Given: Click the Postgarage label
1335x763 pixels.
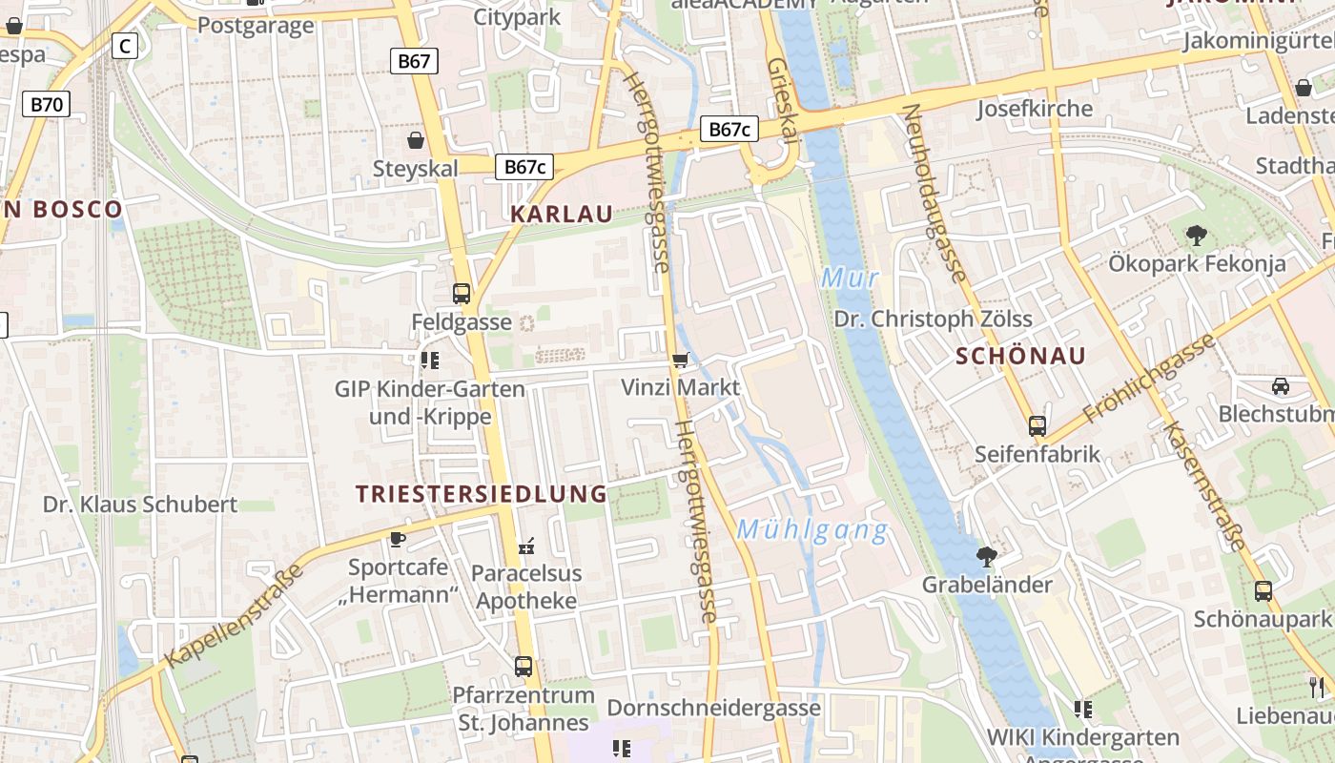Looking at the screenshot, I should tap(255, 25).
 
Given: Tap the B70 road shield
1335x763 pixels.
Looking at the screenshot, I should tap(47, 103).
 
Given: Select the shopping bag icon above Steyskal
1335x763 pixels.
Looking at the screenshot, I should tap(416, 141).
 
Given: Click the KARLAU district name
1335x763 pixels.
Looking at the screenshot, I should tap(562, 214).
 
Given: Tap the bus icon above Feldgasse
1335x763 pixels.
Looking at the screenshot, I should tap(462, 293).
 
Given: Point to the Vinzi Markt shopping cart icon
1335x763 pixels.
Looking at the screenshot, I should tap(680, 360).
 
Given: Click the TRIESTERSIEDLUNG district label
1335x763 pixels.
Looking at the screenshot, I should tap(482, 494).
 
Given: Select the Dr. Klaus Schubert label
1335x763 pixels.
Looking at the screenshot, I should tap(140, 505).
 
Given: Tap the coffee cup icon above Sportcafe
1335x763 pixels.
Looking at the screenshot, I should tap(398, 540).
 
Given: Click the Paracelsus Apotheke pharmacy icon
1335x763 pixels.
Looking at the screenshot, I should tap(526, 546).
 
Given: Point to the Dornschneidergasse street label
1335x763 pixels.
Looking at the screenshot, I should tap(713, 708).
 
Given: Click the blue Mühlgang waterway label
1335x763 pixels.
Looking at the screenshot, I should tap(812, 530).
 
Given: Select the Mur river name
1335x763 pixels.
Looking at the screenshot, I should tap(850, 278).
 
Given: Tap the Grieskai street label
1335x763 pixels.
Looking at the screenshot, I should tap(781, 100).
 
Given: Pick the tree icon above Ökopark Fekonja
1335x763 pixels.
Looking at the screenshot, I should tap(1196, 235).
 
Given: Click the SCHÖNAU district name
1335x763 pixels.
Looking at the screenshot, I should tap(1021, 357).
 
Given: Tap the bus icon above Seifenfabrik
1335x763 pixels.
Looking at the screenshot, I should tap(1037, 425).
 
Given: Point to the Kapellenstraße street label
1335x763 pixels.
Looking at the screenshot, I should tap(235, 615).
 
